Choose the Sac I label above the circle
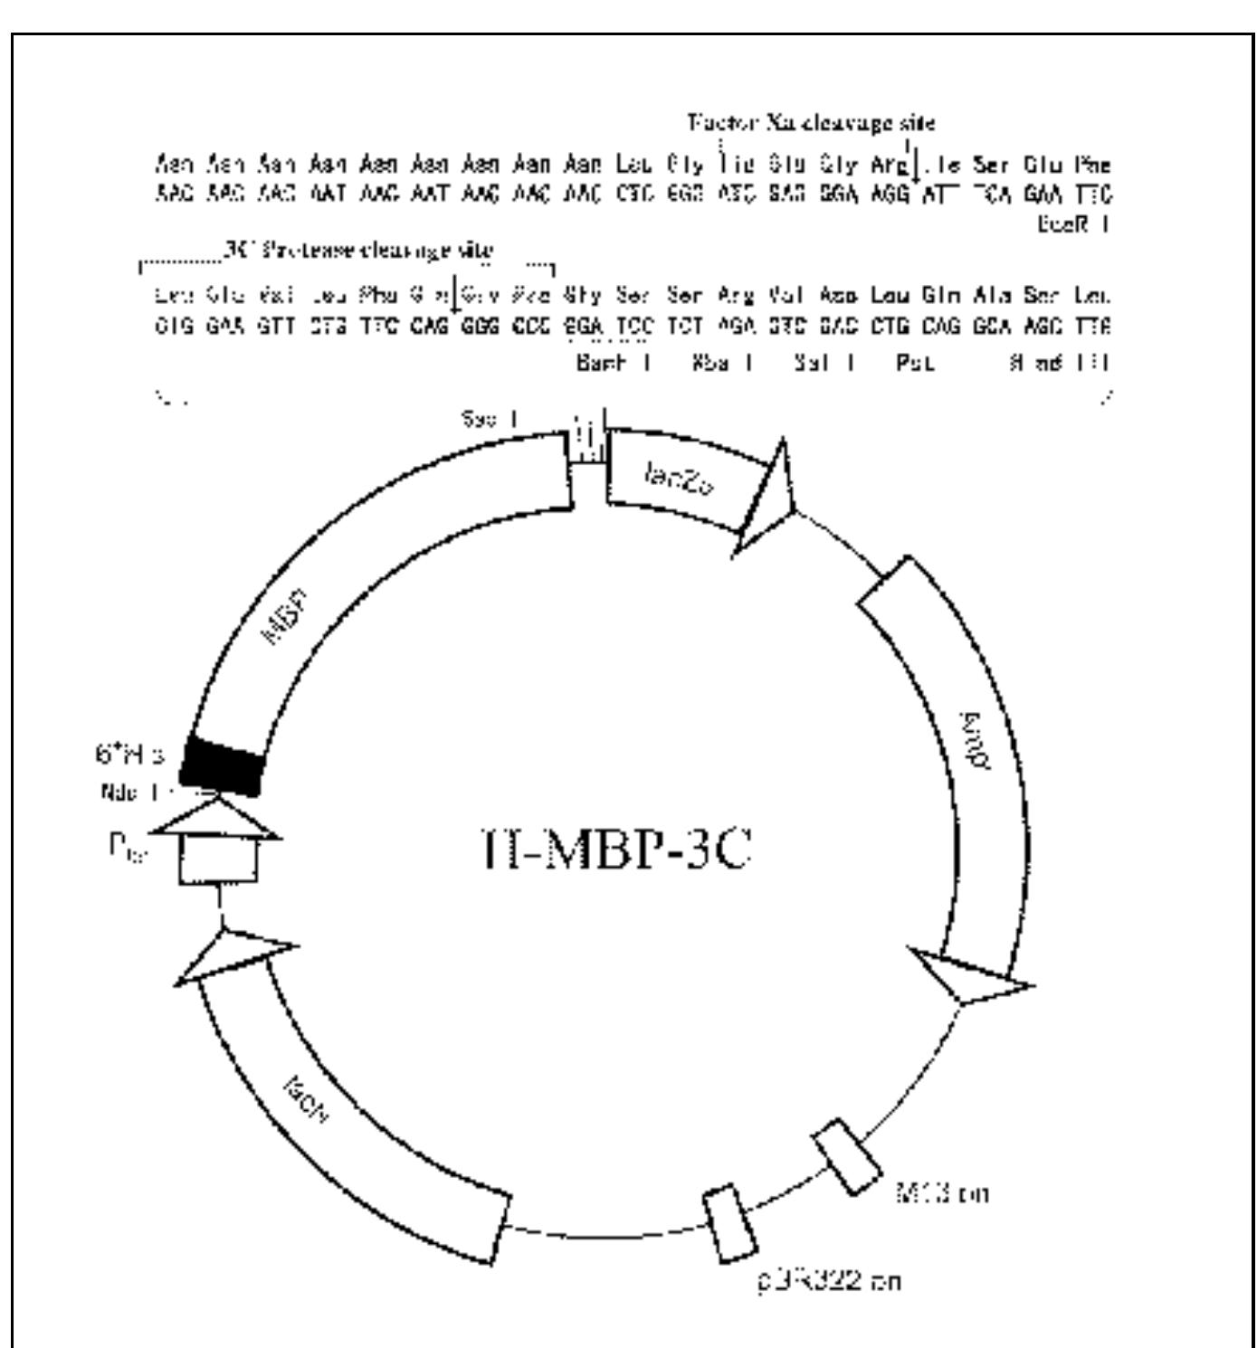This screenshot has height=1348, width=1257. click(490, 420)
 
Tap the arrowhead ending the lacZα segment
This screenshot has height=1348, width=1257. click(767, 500)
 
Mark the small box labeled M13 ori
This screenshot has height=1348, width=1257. click(847, 1156)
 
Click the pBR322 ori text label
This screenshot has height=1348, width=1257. click(830, 1281)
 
